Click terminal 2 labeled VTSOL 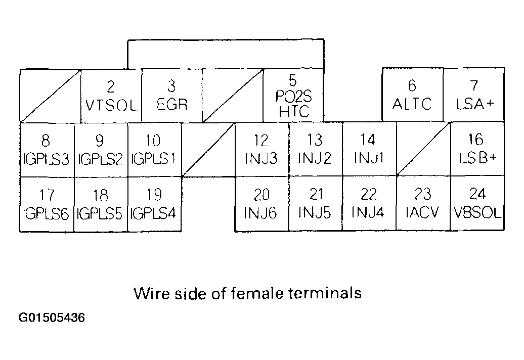(111, 96)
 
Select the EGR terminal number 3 (172, 96)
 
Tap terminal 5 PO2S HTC (293, 96)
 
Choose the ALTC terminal (412, 96)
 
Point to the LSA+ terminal (474, 96)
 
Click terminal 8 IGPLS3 (47, 149)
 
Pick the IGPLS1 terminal (154, 149)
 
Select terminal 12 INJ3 (261, 149)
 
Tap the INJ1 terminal (369, 149)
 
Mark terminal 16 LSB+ (477, 149)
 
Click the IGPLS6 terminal (47, 204)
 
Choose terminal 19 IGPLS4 (154, 204)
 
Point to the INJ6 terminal (261, 204)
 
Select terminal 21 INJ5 (315, 204)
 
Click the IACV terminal (423, 204)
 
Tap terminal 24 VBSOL (477, 204)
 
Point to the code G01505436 (52, 319)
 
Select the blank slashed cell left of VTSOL (50, 96)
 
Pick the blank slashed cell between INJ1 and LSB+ (423, 149)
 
